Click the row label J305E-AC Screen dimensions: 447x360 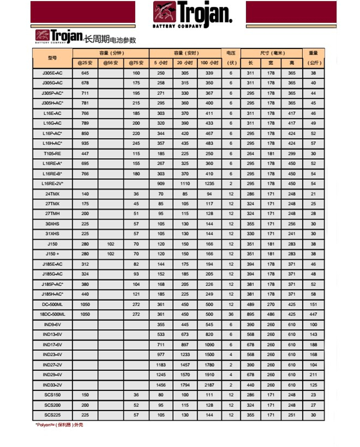[x=52, y=73]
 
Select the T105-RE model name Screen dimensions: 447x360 [x=52, y=153]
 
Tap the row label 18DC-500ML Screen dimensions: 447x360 [x=52, y=314]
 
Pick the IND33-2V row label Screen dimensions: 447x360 [x=52, y=385]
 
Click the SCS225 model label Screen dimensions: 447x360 [x=52, y=415]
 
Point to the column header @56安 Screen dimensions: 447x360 [x=110, y=63]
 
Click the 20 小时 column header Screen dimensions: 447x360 [x=185, y=63]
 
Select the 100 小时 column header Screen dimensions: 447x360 [x=209, y=63]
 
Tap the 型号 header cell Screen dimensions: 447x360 [x=52, y=58]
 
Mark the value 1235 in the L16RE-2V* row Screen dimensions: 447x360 [x=209, y=184]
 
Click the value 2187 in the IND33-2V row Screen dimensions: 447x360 [x=209, y=385]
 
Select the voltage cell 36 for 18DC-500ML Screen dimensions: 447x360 [x=231, y=314]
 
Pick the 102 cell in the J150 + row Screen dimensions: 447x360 [x=110, y=254]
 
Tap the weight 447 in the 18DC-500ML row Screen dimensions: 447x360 [x=313, y=314]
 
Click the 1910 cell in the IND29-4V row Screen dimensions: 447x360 [x=209, y=375]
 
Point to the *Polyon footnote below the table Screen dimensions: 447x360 [x=60, y=425]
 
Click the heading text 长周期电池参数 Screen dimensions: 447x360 [x=110, y=39]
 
